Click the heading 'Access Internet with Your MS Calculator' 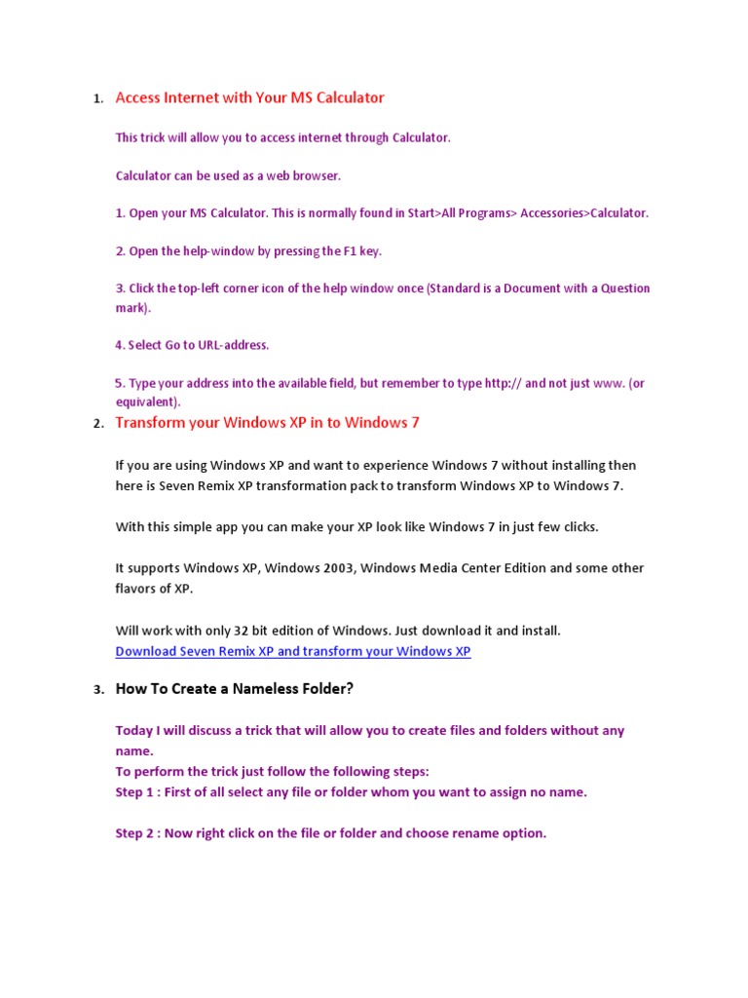point(249,97)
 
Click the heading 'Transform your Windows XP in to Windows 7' point(267,423)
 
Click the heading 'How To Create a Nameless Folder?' point(234,689)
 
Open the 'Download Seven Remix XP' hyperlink point(292,651)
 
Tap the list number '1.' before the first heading point(97,99)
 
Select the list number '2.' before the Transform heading point(97,425)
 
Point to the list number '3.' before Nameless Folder point(97,691)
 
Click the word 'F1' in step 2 point(351,251)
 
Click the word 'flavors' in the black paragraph point(137,589)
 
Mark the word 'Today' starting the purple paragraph point(134,731)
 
